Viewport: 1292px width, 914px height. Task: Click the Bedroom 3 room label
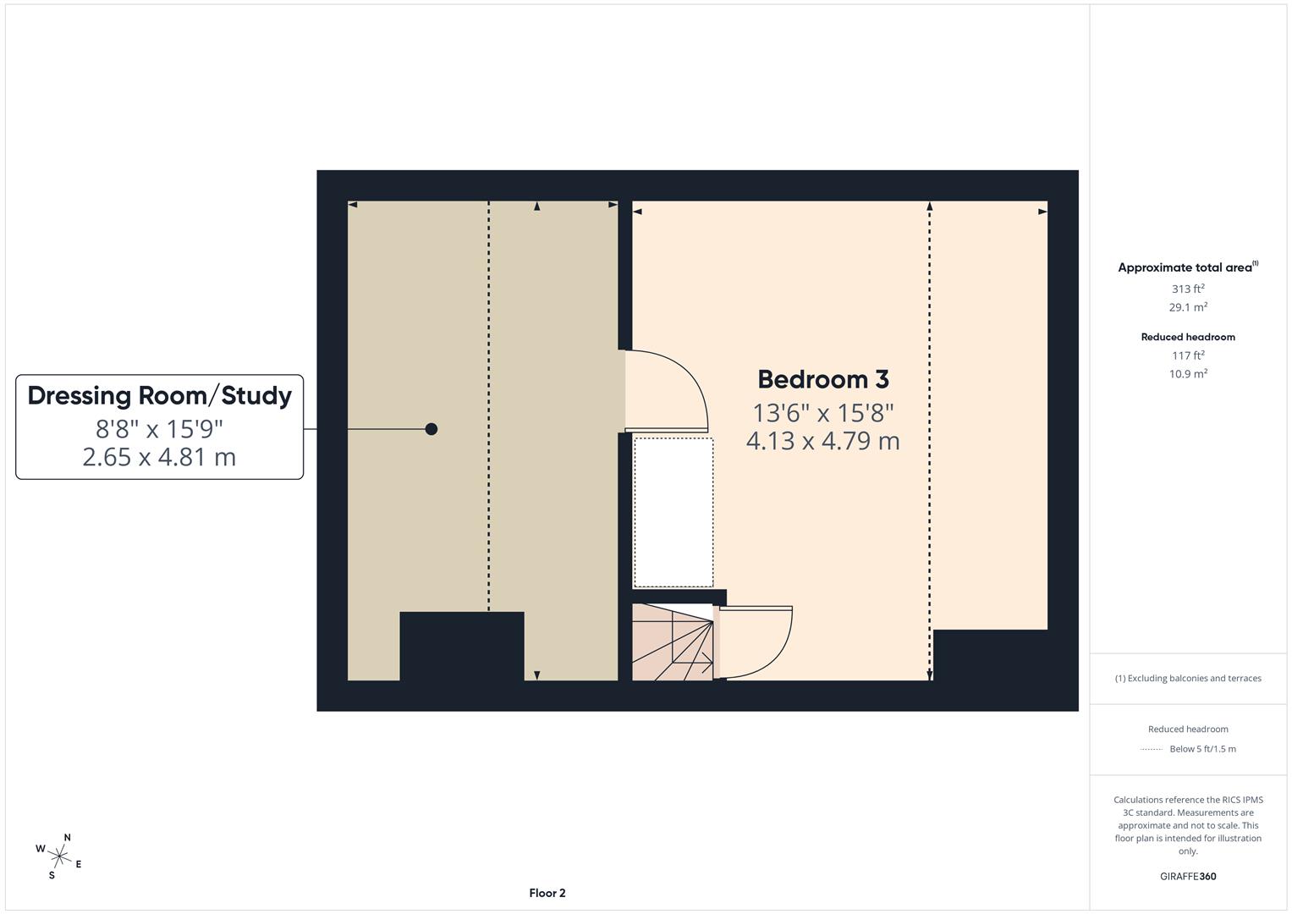pyautogui.click(x=822, y=379)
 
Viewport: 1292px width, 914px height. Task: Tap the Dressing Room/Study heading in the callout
pyautogui.click(x=159, y=395)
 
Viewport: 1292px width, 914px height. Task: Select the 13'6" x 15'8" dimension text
pyautogui.click(x=822, y=413)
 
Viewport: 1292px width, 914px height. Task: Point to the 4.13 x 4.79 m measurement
pyautogui.click(x=822, y=441)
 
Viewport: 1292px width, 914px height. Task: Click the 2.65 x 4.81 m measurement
pyautogui.click(x=159, y=457)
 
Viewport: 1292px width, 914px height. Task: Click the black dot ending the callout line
pyautogui.click(x=431, y=429)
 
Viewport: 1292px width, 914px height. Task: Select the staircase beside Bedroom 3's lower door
pyautogui.click(x=673, y=641)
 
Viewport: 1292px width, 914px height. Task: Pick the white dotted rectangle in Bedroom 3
pyautogui.click(x=673, y=512)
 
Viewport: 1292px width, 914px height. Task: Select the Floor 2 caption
pyautogui.click(x=547, y=893)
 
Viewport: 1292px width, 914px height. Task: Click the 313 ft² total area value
pyautogui.click(x=1187, y=289)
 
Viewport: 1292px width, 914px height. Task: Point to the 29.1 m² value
pyautogui.click(x=1187, y=307)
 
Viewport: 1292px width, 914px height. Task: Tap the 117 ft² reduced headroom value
pyautogui.click(x=1187, y=355)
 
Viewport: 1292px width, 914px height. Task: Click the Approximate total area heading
pyautogui.click(x=1187, y=267)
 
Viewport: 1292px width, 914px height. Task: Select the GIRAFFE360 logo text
pyautogui.click(x=1187, y=876)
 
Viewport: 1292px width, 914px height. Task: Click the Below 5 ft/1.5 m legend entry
pyautogui.click(x=1201, y=749)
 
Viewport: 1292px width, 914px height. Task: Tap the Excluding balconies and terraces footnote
pyautogui.click(x=1188, y=678)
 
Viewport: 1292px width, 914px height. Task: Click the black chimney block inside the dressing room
pyautogui.click(x=461, y=646)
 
